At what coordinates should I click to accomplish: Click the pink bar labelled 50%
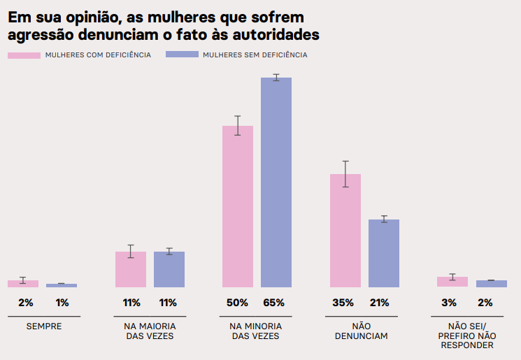coord(238,207)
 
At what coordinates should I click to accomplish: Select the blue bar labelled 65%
coord(276,182)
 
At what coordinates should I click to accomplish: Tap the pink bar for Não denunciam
coord(345,231)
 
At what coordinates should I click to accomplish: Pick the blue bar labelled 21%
coord(384,253)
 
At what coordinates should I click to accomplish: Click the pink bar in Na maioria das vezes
coord(131,269)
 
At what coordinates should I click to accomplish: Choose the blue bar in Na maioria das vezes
coord(169,269)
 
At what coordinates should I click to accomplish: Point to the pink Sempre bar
coord(23,284)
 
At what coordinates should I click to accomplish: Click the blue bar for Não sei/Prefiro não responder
coord(492,284)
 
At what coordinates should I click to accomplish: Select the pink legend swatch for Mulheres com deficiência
coord(24,55)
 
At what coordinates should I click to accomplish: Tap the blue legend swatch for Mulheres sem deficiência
coord(182,55)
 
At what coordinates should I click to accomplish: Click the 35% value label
coord(343,303)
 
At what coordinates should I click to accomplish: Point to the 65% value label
coord(274,303)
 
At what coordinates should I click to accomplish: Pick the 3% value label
coord(449,303)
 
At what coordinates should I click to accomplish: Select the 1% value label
coord(62,303)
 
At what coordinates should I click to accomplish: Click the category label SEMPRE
coord(44,326)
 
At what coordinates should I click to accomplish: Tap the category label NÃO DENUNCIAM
coord(361,331)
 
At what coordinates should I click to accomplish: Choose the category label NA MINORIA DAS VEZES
coord(255,331)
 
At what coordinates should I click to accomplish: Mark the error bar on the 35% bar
coord(345,174)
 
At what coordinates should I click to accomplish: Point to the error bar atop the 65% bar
coord(276,78)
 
